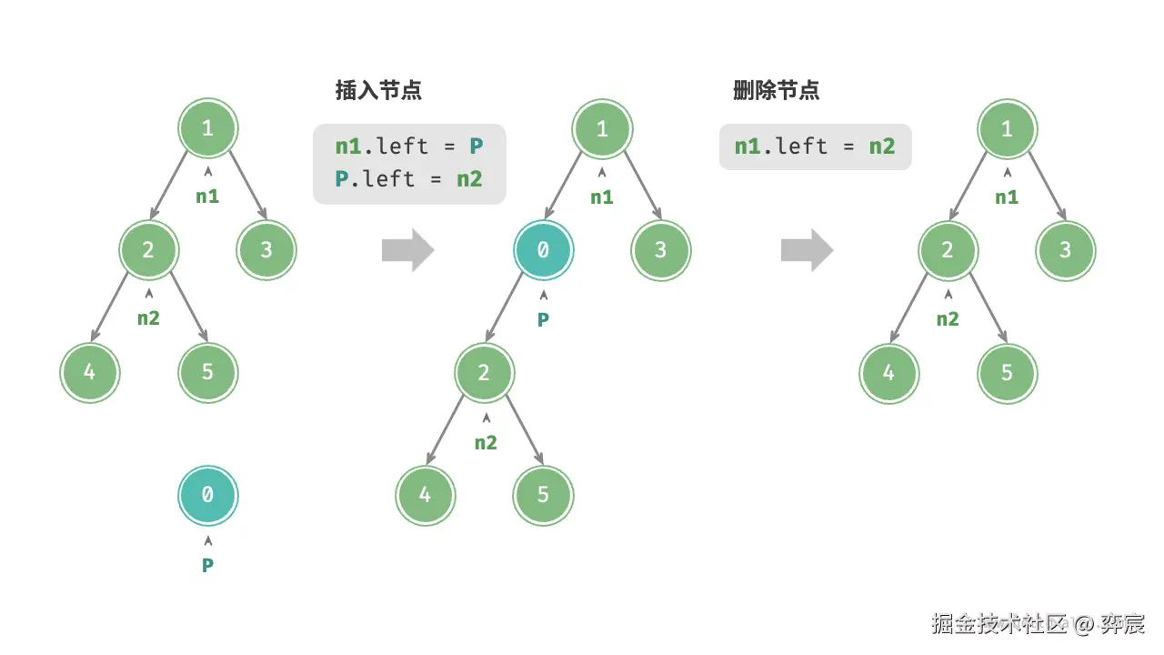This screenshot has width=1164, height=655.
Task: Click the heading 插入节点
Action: (x=378, y=91)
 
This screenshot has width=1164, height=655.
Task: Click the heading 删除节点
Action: (x=776, y=91)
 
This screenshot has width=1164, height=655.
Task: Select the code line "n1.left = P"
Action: (x=408, y=146)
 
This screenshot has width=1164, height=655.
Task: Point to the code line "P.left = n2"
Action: (x=408, y=178)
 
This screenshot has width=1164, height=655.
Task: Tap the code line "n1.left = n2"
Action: (x=815, y=146)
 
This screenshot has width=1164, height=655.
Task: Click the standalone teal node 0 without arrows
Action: (x=207, y=495)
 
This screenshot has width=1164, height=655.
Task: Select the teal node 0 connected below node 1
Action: (x=543, y=249)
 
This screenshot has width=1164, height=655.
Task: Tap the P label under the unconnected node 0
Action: (x=207, y=565)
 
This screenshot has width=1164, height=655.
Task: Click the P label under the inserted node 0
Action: (x=543, y=319)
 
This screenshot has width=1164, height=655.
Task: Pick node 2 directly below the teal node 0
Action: (x=485, y=373)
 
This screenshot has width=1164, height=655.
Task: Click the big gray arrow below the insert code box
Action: (x=408, y=250)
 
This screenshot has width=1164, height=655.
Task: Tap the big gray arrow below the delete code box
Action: (x=807, y=250)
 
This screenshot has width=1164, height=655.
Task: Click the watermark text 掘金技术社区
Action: (x=998, y=624)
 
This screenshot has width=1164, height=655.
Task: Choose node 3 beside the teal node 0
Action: (x=661, y=249)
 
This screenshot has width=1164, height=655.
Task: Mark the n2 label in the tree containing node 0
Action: (x=486, y=443)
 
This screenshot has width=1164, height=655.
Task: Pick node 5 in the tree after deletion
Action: (x=1007, y=373)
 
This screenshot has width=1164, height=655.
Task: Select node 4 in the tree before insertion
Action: (x=90, y=373)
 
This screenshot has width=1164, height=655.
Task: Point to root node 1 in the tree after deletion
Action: (x=1007, y=128)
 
